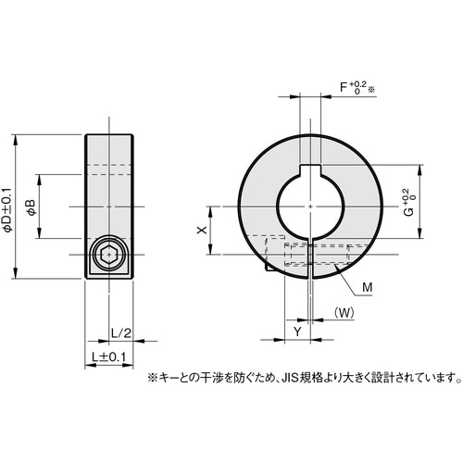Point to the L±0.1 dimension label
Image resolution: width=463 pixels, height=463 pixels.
click(107, 356)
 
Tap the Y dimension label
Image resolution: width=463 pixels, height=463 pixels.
click(296, 331)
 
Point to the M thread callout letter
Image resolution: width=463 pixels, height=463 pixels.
click(367, 289)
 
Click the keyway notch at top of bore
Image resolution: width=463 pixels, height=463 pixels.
click(310, 169)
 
